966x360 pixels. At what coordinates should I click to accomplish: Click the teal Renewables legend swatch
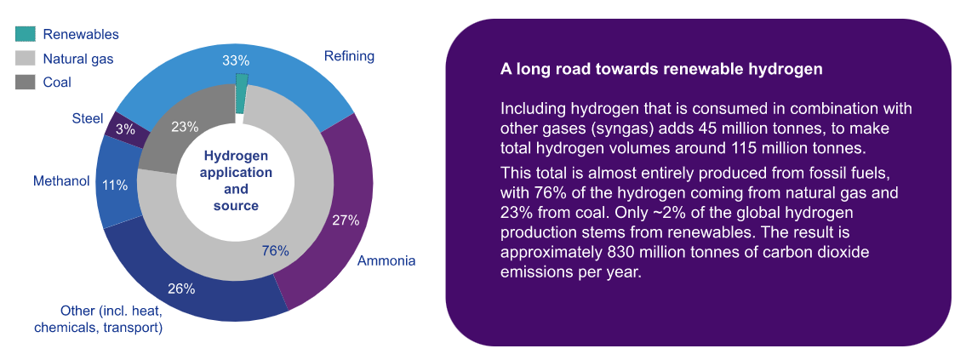pyautogui.click(x=25, y=34)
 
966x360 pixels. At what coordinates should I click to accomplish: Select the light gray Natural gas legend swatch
pyautogui.click(x=25, y=59)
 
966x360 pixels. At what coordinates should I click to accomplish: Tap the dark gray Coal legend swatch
pyautogui.click(x=25, y=83)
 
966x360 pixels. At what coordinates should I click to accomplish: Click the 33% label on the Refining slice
pyautogui.click(x=236, y=60)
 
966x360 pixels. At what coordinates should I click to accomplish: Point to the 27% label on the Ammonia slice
pyautogui.click(x=346, y=220)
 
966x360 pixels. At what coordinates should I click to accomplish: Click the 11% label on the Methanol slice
pyautogui.click(x=115, y=185)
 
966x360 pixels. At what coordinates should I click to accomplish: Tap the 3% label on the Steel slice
pyautogui.click(x=125, y=129)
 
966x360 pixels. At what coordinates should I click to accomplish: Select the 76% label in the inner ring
pyautogui.click(x=275, y=251)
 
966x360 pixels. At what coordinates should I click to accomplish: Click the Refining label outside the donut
pyautogui.click(x=349, y=56)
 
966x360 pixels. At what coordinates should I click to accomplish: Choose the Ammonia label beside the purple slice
pyautogui.click(x=386, y=260)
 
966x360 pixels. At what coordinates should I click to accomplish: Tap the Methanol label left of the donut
pyautogui.click(x=61, y=181)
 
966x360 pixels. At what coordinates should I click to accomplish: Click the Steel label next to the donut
pyautogui.click(x=88, y=117)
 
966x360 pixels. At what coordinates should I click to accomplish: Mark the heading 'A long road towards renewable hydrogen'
pyautogui.click(x=661, y=69)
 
